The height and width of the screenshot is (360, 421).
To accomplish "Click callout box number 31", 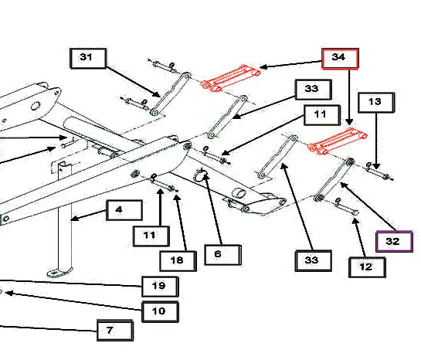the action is click(88, 58).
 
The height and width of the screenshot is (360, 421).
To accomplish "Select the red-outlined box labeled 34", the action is click(340, 59).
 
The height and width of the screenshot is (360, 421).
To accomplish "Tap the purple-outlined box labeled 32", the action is click(394, 241).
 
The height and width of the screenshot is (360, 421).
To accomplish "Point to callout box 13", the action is click(376, 102).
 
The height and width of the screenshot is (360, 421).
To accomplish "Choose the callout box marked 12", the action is click(367, 267).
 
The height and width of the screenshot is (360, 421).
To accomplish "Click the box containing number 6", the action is click(222, 255).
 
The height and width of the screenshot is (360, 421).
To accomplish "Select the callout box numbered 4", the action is click(124, 210).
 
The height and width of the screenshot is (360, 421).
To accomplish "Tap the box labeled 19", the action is click(160, 287).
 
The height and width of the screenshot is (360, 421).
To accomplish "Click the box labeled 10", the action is click(160, 311).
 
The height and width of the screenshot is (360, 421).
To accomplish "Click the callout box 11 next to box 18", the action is click(151, 236).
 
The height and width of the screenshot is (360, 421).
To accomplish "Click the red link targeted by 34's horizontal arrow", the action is click(231, 78).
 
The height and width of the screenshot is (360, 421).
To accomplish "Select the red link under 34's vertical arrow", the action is click(338, 141).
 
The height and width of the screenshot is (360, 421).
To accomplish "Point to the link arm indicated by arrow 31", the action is click(171, 94).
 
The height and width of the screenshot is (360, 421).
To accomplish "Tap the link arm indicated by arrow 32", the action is click(334, 180).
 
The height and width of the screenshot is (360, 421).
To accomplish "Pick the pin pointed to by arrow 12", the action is click(346, 207).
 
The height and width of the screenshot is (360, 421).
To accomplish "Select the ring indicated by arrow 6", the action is click(200, 175).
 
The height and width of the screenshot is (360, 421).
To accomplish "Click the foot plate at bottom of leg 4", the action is click(59, 272).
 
